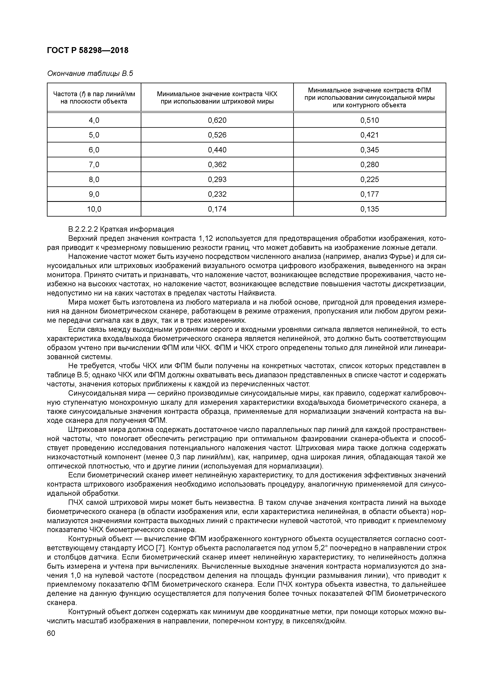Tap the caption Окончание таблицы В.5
click(x=90, y=74)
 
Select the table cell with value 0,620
click(x=217, y=120)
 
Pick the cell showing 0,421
click(x=370, y=135)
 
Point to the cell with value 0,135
click(x=370, y=209)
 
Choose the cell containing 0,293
click(x=217, y=179)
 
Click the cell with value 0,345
click(x=370, y=150)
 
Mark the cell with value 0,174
click(x=217, y=209)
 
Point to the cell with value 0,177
click(x=370, y=194)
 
